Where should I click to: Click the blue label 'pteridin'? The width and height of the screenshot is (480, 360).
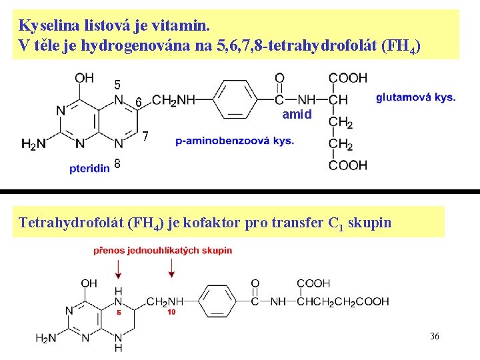pyautogui.click(x=89, y=169)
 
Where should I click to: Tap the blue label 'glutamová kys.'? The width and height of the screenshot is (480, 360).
pyautogui.click(x=415, y=97)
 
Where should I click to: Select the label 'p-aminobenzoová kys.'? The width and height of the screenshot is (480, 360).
pyautogui.click(x=235, y=141)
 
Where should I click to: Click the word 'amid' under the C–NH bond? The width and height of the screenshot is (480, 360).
pyautogui.click(x=297, y=115)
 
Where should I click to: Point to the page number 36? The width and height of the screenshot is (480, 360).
pyautogui.click(x=434, y=336)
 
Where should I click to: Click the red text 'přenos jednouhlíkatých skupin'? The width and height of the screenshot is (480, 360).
pyautogui.click(x=163, y=251)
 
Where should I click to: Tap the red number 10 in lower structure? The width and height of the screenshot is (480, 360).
pyautogui.click(x=171, y=311)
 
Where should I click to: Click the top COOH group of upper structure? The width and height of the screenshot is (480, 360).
pyautogui.click(x=348, y=78)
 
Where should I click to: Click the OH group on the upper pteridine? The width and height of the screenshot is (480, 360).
pyautogui.click(x=85, y=78)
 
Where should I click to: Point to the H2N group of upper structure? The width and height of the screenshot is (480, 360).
pyautogui.click(x=33, y=143)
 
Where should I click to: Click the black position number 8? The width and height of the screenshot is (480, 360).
pyautogui.click(x=117, y=164)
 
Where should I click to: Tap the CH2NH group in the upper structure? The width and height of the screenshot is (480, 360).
pyautogui.click(x=173, y=100)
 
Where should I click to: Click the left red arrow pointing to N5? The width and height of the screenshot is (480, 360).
pyautogui.click(x=119, y=268)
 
